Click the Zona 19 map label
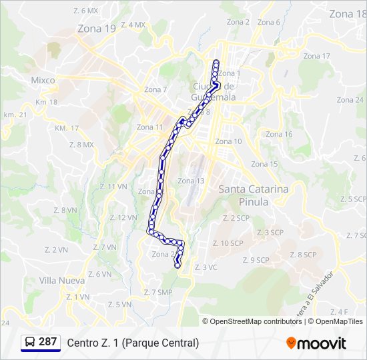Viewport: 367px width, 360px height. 97,29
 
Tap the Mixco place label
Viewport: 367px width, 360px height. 43,80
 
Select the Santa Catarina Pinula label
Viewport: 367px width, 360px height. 254,195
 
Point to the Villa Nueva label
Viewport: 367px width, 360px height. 61,281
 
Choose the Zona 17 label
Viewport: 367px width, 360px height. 317,56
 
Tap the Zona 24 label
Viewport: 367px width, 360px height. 350,100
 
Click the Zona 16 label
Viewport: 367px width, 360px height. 279,134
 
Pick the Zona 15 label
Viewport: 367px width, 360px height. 264,164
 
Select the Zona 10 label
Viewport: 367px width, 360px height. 228,141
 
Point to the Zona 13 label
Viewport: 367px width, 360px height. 191,181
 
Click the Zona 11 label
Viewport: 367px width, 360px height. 149,127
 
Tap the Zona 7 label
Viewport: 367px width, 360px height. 155,90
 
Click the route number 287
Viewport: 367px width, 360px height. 47,342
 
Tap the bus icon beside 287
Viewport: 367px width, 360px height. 30,343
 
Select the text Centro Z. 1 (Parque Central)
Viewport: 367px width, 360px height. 133,343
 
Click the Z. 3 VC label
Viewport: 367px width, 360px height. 206,267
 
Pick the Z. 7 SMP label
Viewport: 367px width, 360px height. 157,292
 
